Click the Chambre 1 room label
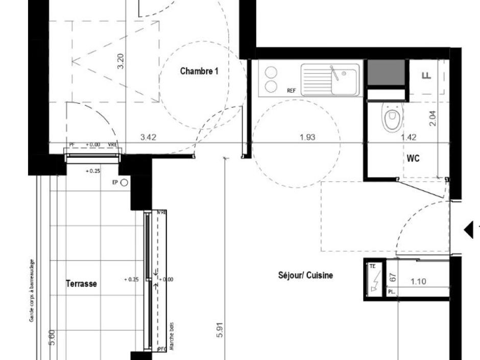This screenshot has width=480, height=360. pos(199,71)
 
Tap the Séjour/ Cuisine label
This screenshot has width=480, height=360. pos(305,276)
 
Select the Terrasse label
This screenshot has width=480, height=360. pos(81,284)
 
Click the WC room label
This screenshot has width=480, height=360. pos(413,159)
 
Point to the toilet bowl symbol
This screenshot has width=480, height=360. pos(392,119)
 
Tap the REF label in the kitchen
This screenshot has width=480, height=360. pos(292,90)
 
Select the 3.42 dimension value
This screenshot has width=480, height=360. pos(148,137)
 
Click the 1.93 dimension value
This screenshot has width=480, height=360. pos(307,137)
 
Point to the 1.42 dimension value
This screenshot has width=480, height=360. pos(409,137)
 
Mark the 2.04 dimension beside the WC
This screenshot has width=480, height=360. pos(434,118)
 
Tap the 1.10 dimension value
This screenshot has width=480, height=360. pos(418,281)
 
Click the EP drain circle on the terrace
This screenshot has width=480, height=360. pos(124,183)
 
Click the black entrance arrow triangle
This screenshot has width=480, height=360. pos(468,230)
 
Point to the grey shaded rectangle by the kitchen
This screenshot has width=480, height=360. pos(387,73)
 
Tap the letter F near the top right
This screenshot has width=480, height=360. pos(426,76)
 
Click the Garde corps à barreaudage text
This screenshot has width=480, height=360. pos(32,289)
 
